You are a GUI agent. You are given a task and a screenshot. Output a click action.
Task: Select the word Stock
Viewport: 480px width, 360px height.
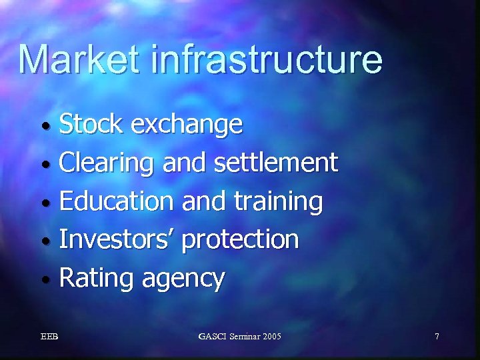pyautogui.click(x=91, y=123)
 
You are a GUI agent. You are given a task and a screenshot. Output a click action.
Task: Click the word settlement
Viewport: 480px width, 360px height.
pyautogui.click(x=277, y=162)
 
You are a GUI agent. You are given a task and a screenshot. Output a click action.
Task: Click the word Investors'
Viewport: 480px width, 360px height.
pyautogui.click(x=118, y=239)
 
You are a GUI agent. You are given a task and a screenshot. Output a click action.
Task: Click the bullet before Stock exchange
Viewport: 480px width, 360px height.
pyautogui.click(x=44, y=126)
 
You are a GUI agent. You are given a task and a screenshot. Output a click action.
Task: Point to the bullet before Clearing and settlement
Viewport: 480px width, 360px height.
pyautogui.click(x=44, y=164)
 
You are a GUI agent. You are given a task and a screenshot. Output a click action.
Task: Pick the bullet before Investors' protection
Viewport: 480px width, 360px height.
pyautogui.click(x=44, y=241)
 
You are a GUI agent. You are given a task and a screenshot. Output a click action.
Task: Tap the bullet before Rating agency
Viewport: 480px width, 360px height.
pyautogui.click(x=44, y=279)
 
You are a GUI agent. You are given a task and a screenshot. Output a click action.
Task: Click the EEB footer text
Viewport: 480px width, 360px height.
pyautogui.click(x=49, y=337)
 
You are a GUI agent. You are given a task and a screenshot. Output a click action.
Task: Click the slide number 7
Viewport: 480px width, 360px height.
pyautogui.click(x=437, y=337)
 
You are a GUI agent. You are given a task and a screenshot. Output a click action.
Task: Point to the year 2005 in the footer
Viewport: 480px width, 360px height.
pyautogui.click(x=272, y=337)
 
